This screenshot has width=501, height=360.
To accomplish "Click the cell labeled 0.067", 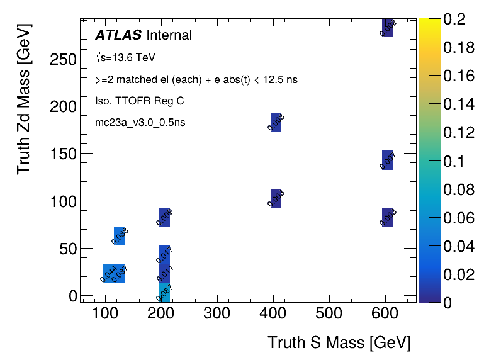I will [x=164, y=293].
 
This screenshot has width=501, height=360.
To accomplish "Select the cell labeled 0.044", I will [x=108, y=274].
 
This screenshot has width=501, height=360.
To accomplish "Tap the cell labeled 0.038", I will [x=119, y=236].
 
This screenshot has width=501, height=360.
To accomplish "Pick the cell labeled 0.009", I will [x=164, y=217].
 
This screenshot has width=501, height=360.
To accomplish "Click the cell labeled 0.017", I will [x=164, y=255].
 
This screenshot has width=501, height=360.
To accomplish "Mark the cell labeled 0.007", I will [x=388, y=160].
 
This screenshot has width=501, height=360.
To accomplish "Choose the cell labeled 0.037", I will [x=119, y=274].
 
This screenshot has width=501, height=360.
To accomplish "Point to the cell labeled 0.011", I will [x=164, y=274].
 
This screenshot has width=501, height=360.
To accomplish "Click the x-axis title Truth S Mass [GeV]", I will [x=339, y=343].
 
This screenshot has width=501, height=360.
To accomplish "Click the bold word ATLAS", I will [x=118, y=35].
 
